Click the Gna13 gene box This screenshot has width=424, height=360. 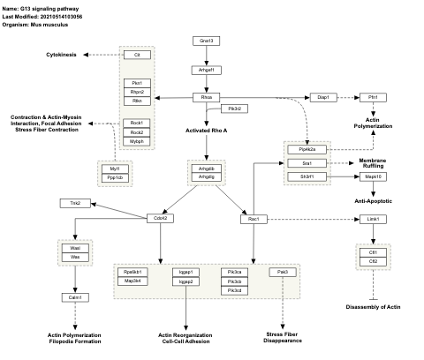coord(206,41)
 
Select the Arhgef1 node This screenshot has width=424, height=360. coord(206,69)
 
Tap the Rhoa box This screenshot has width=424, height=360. coord(206,96)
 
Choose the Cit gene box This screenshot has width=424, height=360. coord(137,55)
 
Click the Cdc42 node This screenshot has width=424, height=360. coord(160,218)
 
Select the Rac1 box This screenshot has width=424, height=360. coord(253,218)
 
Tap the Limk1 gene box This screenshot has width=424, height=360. coord(374,218)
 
